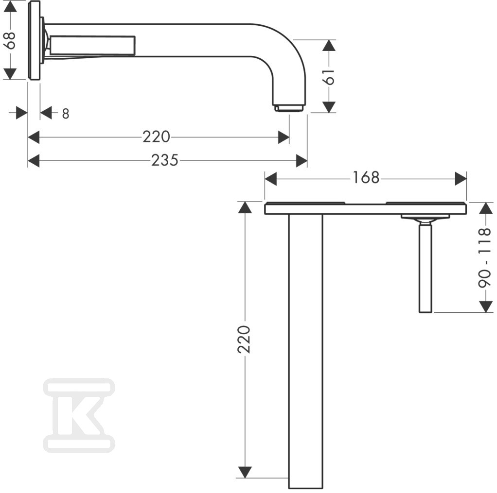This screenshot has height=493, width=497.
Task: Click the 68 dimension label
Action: pyautogui.click(x=11, y=40)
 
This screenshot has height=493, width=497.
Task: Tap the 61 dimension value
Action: pyautogui.click(x=329, y=77)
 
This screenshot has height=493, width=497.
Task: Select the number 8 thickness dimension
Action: pyautogui.click(x=65, y=114)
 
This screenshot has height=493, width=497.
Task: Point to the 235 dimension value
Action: pyautogui.click(x=164, y=160)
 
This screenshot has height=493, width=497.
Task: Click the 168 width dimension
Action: pyautogui.click(x=366, y=178)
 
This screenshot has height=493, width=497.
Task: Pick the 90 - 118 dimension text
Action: pyautogui.click(x=485, y=258)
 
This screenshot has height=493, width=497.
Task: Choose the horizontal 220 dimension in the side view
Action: pyautogui.click(x=156, y=137)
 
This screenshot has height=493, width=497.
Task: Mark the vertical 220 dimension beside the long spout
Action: pyautogui.click(x=244, y=339)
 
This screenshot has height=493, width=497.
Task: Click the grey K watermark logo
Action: pyautogui.click(x=79, y=415)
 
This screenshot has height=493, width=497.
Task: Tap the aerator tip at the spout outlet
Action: pyautogui.click(x=289, y=108)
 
